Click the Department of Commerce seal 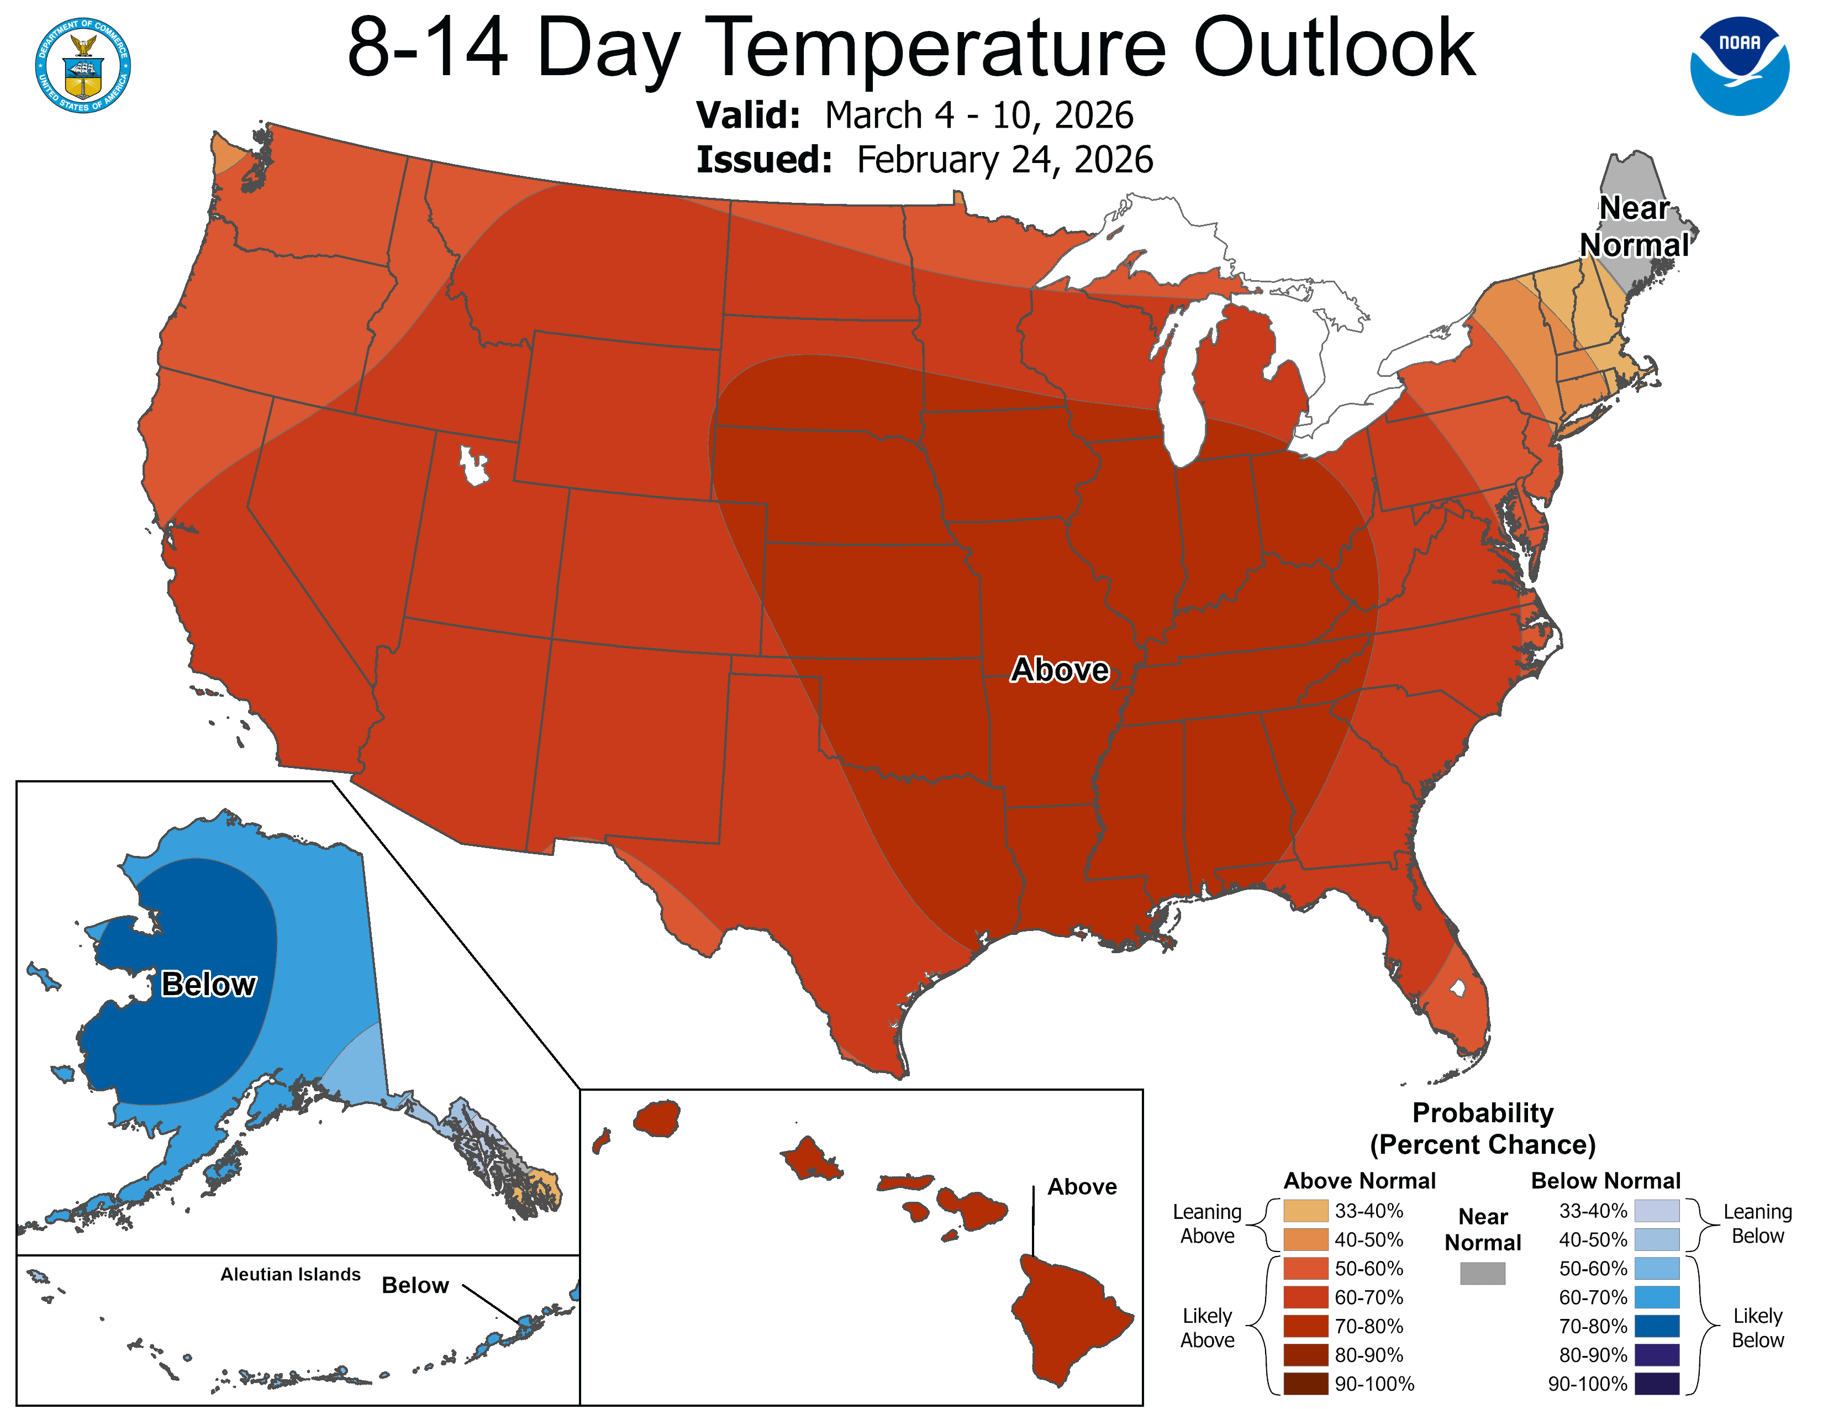click(83, 65)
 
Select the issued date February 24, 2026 click(1004, 160)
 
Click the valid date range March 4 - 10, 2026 click(978, 115)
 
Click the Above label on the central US click(1059, 670)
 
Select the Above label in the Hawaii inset click(1081, 1186)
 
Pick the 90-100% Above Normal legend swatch click(1305, 1383)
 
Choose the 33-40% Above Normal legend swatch click(1305, 1210)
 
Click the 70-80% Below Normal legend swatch click(1656, 1326)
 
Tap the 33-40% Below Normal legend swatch click(1656, 1210)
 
